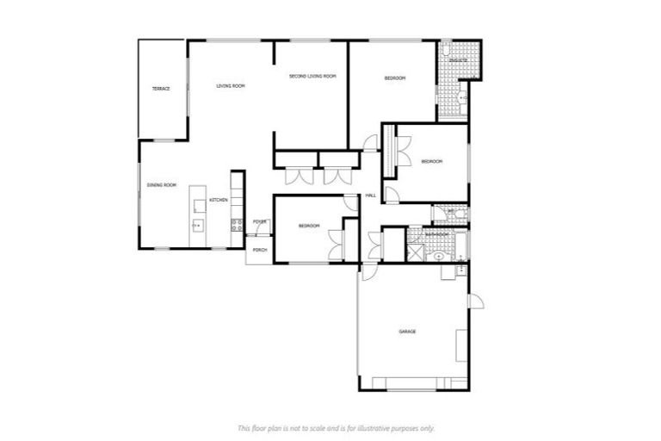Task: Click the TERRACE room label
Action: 161,89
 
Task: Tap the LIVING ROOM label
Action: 231,85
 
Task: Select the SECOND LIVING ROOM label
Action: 312,77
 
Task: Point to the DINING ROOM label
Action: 161,185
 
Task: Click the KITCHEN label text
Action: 218,200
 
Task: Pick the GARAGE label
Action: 407,331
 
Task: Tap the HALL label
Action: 371,196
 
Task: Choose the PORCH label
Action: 259,250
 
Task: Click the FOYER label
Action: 259,223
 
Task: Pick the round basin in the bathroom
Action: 438,255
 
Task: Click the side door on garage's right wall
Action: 474,302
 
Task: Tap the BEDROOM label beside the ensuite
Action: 394,78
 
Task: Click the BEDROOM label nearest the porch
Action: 309,226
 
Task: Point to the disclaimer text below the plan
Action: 336,427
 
